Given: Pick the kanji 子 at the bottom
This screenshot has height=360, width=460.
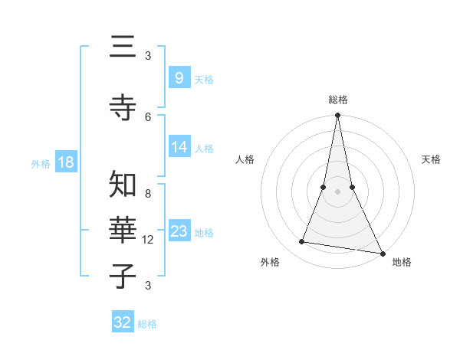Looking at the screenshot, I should (122, 275).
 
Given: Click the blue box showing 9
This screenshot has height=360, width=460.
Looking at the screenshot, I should (179, 77).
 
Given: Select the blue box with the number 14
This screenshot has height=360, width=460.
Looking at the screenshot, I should (179, 147).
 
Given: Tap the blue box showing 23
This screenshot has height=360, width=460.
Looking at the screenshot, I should (179, 231).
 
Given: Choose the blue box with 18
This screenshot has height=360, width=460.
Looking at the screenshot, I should (65, 162).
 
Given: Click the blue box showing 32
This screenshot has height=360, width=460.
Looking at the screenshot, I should (123, 322).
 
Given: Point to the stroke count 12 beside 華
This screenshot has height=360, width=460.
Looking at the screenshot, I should (148, 240).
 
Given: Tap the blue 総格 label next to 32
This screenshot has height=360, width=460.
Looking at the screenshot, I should (147, 324).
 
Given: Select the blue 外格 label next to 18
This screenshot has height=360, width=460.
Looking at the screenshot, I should (41, 163).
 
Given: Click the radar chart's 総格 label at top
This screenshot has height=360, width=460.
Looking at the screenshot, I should (338, 100).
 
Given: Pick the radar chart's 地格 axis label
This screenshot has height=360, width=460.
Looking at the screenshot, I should (402, 262).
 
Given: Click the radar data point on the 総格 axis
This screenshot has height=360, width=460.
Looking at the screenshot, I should (338, 116).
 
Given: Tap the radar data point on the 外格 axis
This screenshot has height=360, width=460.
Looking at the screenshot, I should (302, 242).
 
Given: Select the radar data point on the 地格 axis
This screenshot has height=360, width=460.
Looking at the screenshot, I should (382, 253).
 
